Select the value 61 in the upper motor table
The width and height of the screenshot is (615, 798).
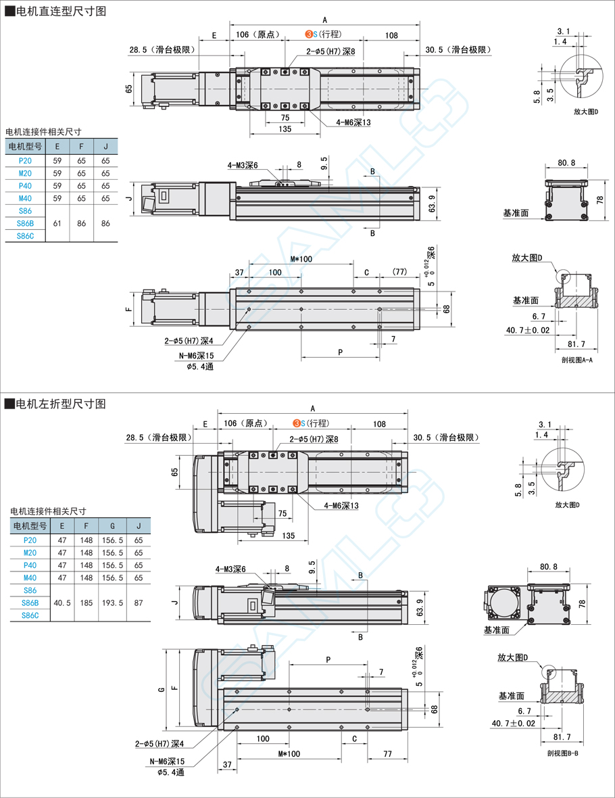point(57,222)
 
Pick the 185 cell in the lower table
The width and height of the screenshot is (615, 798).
point(87,603)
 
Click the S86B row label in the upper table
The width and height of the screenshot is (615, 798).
point(25,222)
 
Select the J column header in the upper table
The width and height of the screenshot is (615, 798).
point(105,145)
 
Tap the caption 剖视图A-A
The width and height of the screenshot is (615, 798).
point(576,360)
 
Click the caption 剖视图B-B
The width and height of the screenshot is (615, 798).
point(562,753)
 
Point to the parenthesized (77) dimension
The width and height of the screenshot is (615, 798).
point(399,272)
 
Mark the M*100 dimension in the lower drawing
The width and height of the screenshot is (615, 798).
point(289,755)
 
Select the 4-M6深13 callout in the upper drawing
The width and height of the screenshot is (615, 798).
point(353,123)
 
